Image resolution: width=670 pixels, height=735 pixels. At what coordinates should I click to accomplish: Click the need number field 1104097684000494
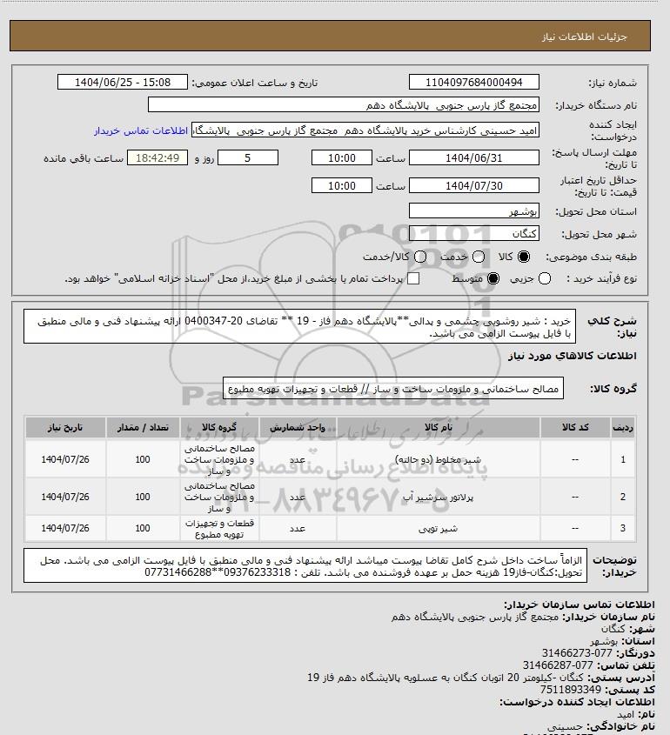click(474, 83)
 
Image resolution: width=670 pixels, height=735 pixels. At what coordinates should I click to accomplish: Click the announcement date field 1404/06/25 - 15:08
click(122, 83)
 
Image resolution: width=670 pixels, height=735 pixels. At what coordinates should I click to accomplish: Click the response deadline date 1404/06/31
click(474, 158)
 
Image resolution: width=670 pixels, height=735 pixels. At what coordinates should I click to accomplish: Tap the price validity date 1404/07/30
click(474, 186)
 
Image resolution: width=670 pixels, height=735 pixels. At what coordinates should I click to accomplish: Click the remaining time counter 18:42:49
click(157, 158)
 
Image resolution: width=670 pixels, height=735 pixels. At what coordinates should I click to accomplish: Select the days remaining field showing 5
click(248, 158)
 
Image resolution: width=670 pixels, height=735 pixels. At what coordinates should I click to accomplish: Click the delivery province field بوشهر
click(474, 211)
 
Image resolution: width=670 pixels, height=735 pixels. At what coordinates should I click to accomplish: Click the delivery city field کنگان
click(474, 233)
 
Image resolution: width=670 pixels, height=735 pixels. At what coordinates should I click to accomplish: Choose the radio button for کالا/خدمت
click(421, 257)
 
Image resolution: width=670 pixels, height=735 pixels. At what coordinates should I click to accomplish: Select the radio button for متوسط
click(494, 278)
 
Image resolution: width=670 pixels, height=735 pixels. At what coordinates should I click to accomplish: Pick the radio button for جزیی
click(546, 278)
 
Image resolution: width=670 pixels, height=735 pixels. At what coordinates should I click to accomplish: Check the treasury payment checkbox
click(413, 278)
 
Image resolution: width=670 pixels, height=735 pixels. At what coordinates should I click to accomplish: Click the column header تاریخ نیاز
click(59, 429)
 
